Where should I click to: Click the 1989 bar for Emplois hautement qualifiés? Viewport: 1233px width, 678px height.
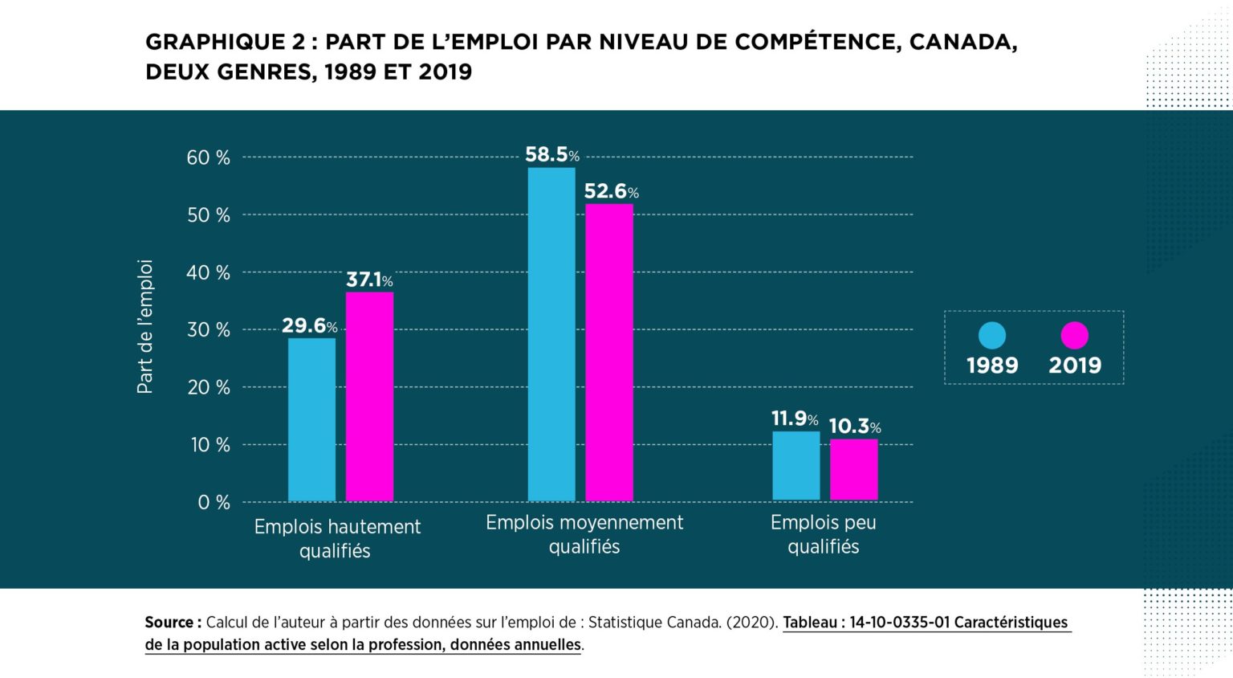click(x=311, y=419)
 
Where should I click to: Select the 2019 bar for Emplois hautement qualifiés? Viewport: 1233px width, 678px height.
click(x=369, y=397)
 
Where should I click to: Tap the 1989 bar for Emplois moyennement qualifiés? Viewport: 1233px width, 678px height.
click(x=551, y=334)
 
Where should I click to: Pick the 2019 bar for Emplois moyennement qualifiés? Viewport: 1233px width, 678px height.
click(x=609, y=353)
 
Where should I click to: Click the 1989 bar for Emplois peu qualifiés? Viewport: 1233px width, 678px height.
click(x=796, y=466)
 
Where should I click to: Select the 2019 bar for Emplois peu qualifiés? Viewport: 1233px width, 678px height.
click(x=853, y=470)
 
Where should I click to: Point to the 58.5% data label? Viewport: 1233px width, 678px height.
click(x=551, y=154)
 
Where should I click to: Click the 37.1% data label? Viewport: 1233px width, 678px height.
click(x=369, y=280)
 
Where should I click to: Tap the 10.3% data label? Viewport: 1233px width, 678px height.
click(x=854, y=426)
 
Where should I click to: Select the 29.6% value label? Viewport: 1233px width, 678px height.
click(x=309, y=325)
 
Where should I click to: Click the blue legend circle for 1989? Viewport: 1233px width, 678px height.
click(x=992, y=336)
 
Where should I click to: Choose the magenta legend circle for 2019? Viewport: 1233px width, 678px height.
click(x=1074, y=336)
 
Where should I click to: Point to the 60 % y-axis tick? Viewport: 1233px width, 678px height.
click(x=208, y=157)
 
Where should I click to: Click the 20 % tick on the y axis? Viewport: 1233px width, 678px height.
click(x=208, y=387)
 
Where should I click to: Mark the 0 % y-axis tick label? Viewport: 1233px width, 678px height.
click(x=214, y=502)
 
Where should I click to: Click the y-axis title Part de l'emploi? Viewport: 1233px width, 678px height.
click(x=144, y=326)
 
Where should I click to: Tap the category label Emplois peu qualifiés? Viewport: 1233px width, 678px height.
click(x=823, y=534)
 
